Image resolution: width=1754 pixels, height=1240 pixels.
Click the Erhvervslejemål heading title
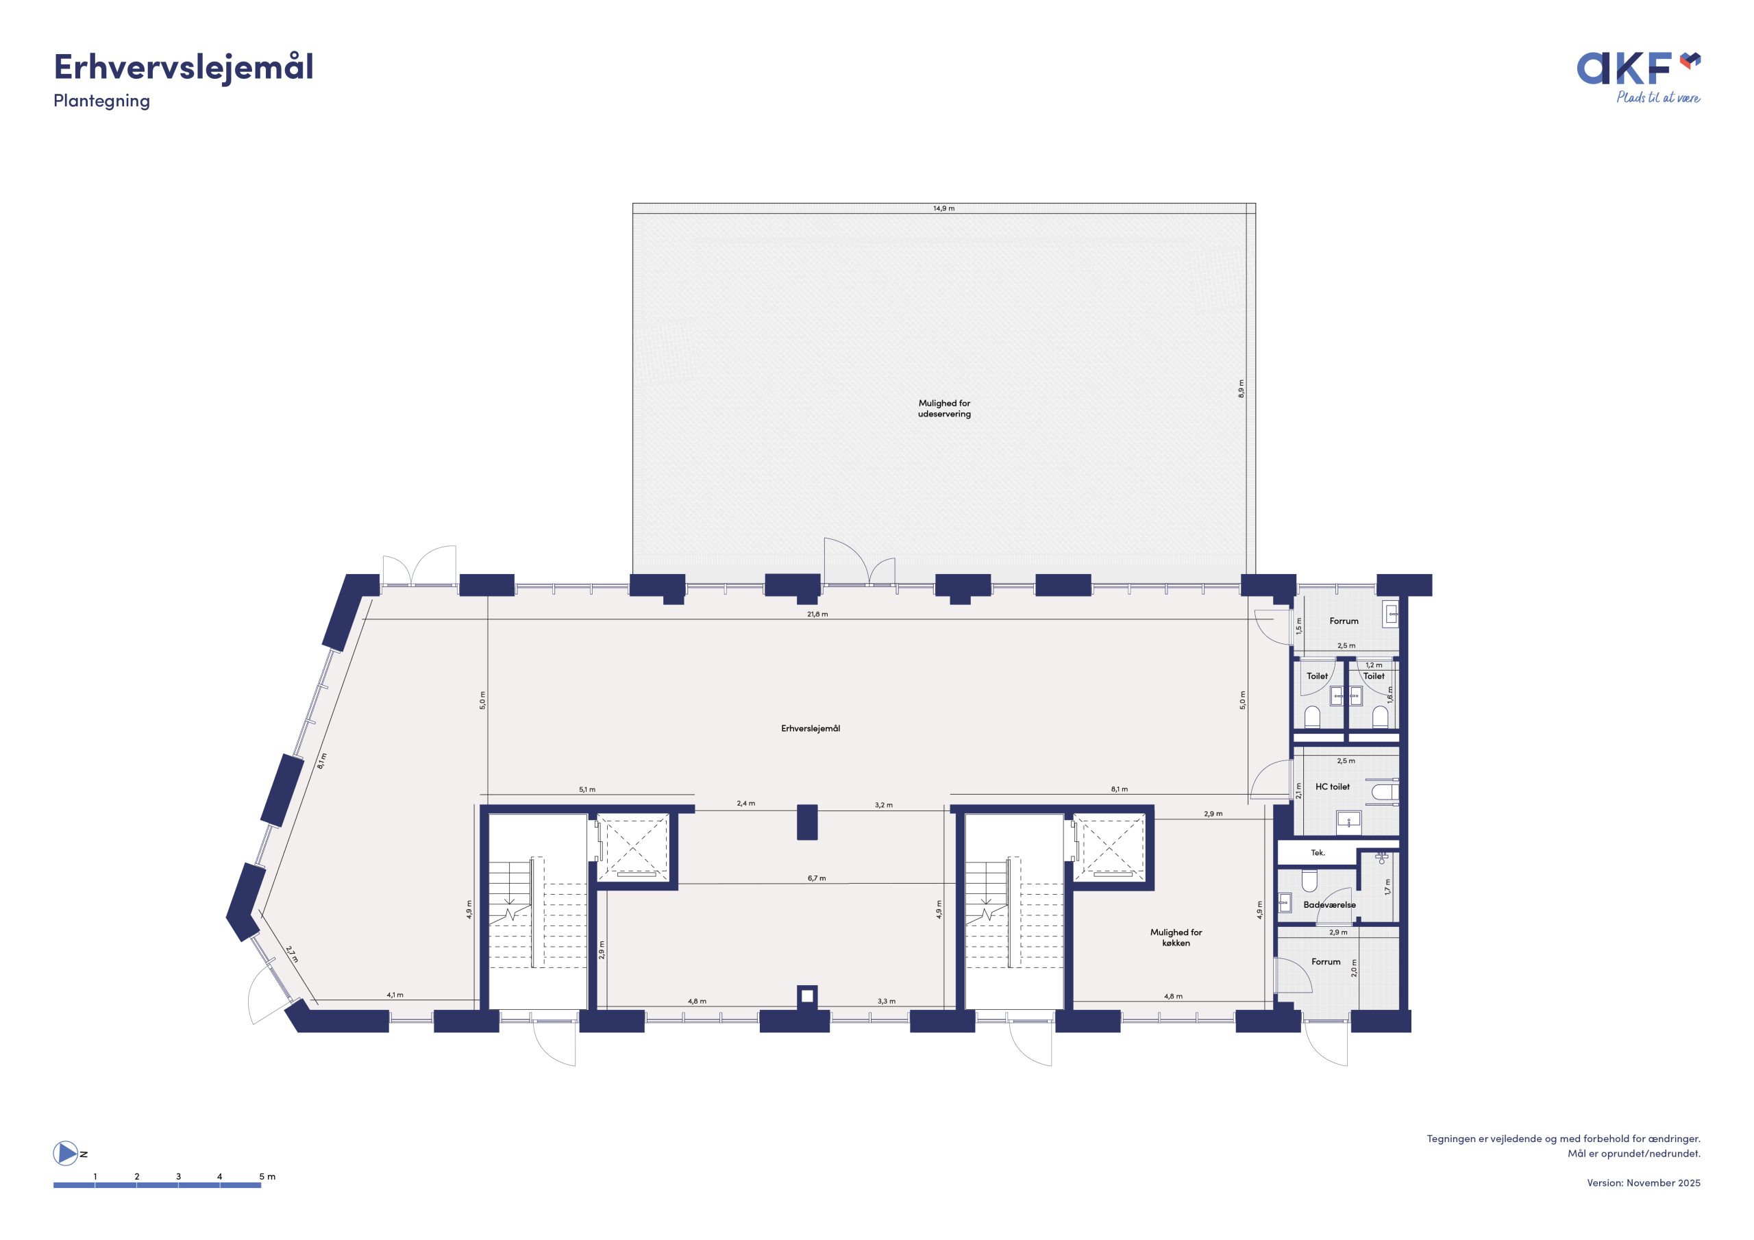[x=184, y=68]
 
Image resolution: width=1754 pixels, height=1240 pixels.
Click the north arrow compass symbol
[x=65, y=1153]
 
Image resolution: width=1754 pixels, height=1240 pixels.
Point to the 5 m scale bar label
[x=267, y=1176]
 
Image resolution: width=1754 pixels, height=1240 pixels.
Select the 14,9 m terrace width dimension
[x=943, y=208]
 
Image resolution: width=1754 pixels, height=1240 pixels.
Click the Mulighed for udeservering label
[x=944, y=409]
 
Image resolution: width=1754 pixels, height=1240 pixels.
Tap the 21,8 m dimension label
[x=817, y=615]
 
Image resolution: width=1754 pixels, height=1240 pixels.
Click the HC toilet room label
[x=1333, y=786]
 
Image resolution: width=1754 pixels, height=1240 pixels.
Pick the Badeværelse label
[x=1329, y=904]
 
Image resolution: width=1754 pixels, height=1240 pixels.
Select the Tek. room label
[x=1318, y=853]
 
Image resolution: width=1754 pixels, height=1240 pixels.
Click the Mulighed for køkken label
[x=1176, y=937]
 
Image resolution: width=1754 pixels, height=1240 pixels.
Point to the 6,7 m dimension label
[x=817, y=879]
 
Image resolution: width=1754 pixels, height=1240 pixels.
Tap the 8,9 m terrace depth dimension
[x=1242, y=388]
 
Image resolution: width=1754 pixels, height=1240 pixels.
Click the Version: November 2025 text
[x=1643, y=1182]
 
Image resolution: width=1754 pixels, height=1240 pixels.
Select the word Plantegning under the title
[x=101, y=101]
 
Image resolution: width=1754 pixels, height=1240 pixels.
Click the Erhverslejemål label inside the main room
[x=811, y=728]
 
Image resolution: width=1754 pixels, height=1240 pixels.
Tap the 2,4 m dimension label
[x=745, y=804]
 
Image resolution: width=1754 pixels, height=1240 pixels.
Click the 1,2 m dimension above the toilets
[x=1374, y=665]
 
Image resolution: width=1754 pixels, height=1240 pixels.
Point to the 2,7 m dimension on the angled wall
[x=292, y=954]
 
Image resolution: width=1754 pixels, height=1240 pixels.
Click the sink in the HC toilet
[x=1350, y=823]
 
